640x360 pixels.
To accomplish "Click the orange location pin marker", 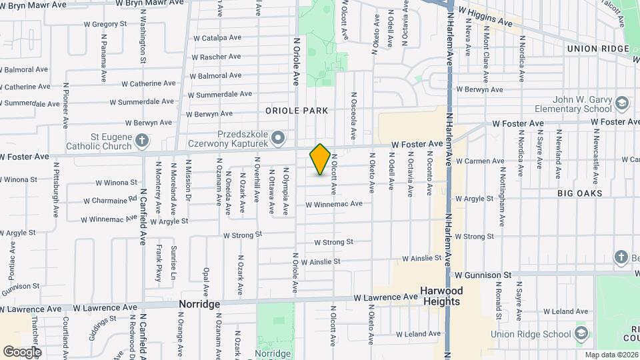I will [320, 159].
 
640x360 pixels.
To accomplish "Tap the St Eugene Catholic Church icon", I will [141, 140].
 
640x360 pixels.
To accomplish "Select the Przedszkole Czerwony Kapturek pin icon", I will [279, 139].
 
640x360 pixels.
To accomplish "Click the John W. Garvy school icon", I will [621, 105].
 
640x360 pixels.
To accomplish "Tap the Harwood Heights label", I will [441, 297].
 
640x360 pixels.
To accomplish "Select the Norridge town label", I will [199, 304].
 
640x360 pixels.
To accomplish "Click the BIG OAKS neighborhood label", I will [579, 193].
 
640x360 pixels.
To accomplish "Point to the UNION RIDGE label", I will [597, 49].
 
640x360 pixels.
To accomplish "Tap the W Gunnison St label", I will [483, 275].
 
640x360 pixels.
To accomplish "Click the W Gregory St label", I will [105, 24].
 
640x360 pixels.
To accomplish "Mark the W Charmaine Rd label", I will [111, 199].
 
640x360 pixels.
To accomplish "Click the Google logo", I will [22, 351].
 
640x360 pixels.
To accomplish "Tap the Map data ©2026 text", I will [611, 355].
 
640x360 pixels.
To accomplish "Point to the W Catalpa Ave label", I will [218, 39].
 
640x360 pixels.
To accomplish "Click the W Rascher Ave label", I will [217, 57].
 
